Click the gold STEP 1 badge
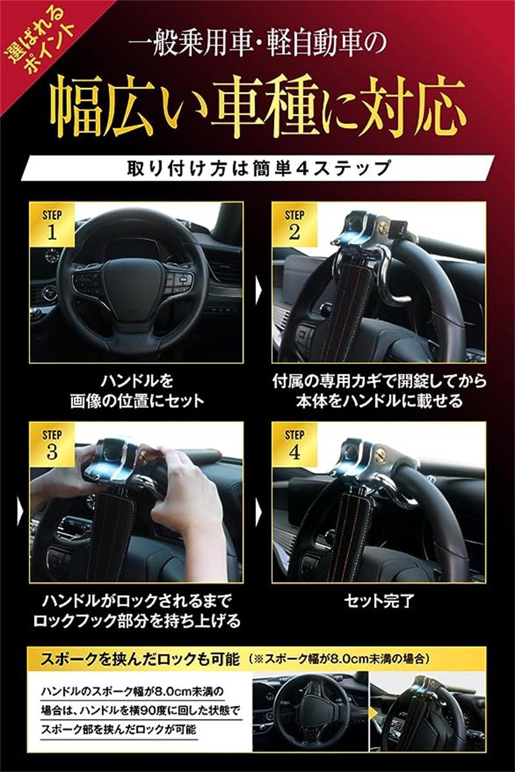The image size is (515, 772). [51, 225]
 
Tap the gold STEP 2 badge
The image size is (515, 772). [294, 225]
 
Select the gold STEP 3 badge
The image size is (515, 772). [51, 445]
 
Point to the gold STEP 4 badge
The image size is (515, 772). [294, 445]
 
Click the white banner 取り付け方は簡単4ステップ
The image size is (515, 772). [259, 168]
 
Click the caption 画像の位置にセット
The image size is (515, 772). [137, 401]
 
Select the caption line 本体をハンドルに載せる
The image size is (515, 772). [379, 401]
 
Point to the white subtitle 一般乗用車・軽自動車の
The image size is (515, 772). [257, 45]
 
